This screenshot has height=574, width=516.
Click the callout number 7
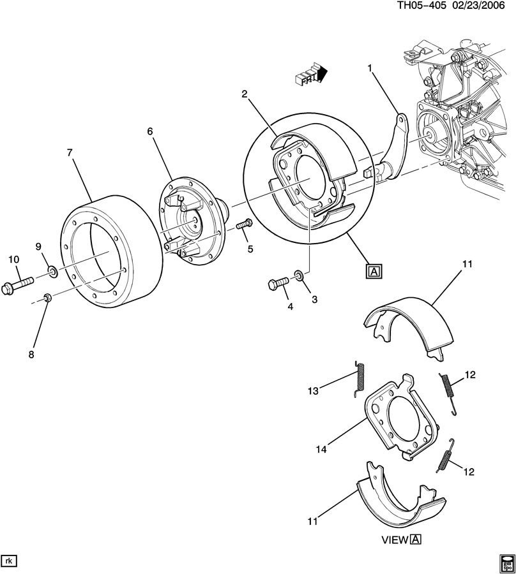70,152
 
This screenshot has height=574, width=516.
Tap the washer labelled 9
52,274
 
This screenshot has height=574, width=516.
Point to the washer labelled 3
299,276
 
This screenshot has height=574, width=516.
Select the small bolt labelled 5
245,224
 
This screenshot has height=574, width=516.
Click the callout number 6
150,131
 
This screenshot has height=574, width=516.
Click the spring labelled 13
361,379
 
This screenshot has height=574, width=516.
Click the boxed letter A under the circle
374,271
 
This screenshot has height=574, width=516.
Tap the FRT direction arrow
310,75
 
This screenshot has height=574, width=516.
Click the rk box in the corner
10,561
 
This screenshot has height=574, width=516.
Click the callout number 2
245,94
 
